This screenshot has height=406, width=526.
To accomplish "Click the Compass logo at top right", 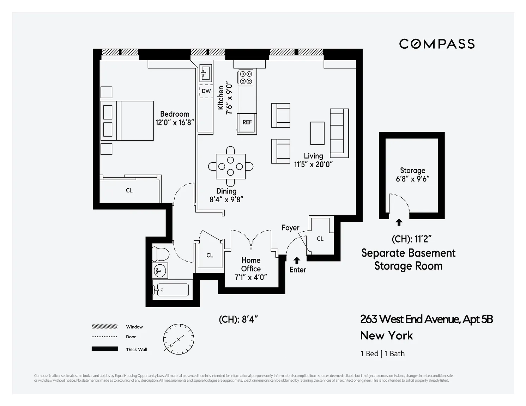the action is click(437, 44).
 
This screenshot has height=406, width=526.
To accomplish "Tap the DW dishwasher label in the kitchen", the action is click(206, 91).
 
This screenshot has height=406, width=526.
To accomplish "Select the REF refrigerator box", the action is click(247, 122).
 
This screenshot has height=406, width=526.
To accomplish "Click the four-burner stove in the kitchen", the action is click(246, 78).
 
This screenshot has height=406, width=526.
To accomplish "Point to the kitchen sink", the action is click(205, 73).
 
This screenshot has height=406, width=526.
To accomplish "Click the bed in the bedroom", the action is click(127, 121).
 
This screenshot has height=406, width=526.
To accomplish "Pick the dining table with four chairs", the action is click(231, 166).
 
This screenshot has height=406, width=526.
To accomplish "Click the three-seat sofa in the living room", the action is click(339, 133).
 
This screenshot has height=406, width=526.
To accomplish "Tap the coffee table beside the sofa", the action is click(317, 133).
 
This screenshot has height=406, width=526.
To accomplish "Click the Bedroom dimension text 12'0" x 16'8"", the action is click(175, 123).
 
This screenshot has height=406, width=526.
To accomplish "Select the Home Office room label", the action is click(251, 264).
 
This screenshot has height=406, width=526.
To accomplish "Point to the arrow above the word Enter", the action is click(297, 260).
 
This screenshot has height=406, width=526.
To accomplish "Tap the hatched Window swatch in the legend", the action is click(105, 327).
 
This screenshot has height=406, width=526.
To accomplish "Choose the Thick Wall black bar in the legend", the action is click(105, 349).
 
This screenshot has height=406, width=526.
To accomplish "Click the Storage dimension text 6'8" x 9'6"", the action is click(412, 179).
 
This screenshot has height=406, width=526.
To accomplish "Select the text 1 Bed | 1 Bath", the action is click(382, 353).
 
